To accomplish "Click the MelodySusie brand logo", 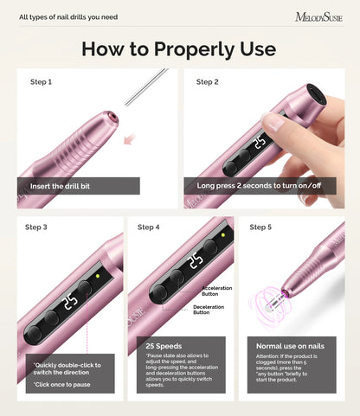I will coord(319,16).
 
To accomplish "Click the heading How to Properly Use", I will coord(179,48).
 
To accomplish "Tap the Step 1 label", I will coord(42,82).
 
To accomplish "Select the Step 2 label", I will coord(208,82).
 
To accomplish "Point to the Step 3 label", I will coord(36,227).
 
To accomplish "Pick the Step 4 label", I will coord(149,227).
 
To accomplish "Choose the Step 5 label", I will coord(260,227).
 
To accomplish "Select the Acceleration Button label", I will coord(217,290).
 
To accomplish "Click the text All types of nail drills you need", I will coord(68,16).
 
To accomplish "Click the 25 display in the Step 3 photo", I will coord(71,304).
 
